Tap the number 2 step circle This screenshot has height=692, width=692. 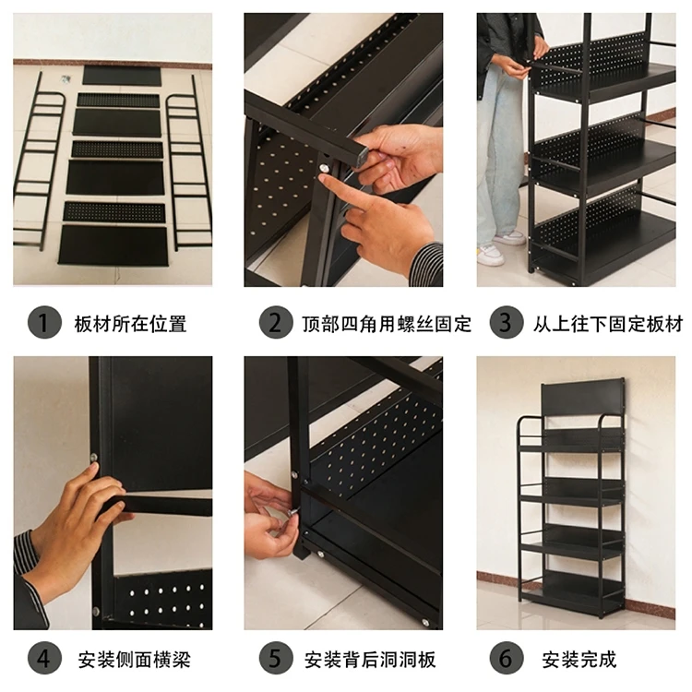[x=274, y=324]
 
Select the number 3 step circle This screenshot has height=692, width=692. [x=506, y=324]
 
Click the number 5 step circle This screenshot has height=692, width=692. [x=274, y=659]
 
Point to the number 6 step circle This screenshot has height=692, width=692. [x=506, y=659]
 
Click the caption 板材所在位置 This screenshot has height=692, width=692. [x=130, y=324]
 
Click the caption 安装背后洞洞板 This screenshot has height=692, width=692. [x=370, y=659]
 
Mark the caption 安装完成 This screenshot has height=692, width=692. [x=579, y=659]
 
